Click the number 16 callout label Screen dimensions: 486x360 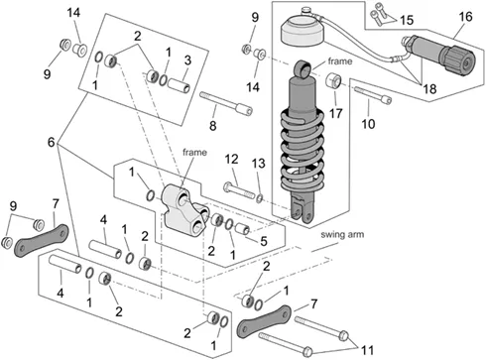tap(465, 17)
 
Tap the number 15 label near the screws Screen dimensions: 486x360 tap(407, 20)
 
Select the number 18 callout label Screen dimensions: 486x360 tap(429, 88)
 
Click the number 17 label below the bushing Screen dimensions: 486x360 tap(335, 113)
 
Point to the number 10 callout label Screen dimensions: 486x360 tap(368, 124)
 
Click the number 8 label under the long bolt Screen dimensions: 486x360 tap(213, 126)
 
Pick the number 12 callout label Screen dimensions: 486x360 tap(231, 160)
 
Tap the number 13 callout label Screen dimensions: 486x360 tap(259, 164)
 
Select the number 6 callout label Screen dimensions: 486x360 tap(51, 142)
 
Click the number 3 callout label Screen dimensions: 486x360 tap(187, 60)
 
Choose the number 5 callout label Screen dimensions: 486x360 tap(264, 241)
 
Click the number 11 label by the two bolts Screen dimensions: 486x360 tap(367, 350)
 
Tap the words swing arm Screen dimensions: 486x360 tap(342, 234)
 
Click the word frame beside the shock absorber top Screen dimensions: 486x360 tap(340, 61)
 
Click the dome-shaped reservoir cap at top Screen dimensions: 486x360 tap(303, 32)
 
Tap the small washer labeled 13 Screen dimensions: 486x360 tap(260, 198)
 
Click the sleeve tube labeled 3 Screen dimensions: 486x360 tap(179, 85)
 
